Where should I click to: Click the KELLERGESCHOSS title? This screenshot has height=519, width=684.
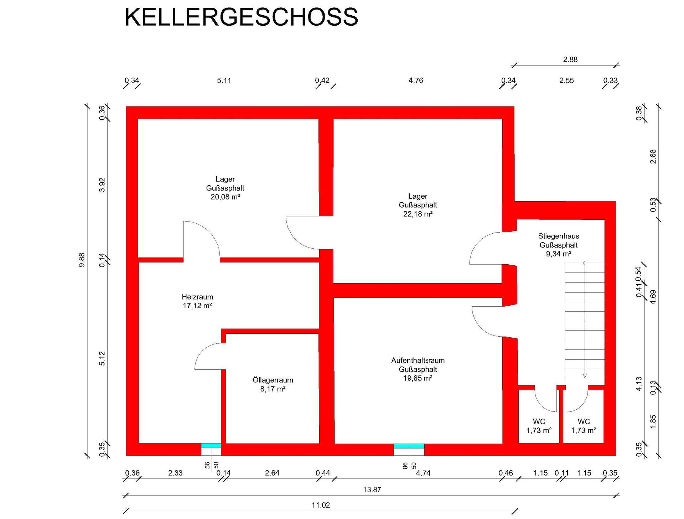click(x=241, y=17)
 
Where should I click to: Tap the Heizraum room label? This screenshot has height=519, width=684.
click(x=197, y=297)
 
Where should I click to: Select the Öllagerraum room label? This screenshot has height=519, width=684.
click(x=273, y=380)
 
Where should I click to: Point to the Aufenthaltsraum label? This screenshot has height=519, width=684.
click(x=418, y=360)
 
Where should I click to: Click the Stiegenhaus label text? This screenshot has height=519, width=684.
click(x=559, y=236)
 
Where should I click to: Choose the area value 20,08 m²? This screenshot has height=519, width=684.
click(x=225, y=197)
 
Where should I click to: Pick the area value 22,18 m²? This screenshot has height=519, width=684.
click(x=418, y=214)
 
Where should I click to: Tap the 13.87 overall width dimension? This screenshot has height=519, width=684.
click(x=372, y=490)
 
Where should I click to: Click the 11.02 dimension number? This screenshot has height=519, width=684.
click(x=321, y=505)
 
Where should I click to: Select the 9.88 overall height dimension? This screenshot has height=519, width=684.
click(x=82, y=260)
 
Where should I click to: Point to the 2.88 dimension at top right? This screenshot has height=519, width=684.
click(x=570, y=59)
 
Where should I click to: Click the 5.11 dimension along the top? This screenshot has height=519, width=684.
click(x=224, y=81)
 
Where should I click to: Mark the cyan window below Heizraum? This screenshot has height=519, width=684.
click(x=211, y=446)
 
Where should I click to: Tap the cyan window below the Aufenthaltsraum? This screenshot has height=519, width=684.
click(x=409, y=446)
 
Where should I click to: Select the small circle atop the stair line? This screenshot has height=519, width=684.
click(x=585, y=263)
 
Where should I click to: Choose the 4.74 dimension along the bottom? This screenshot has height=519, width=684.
click(x=423, y=473)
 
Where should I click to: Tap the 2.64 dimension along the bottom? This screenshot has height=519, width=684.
click(x=272, y=473)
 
